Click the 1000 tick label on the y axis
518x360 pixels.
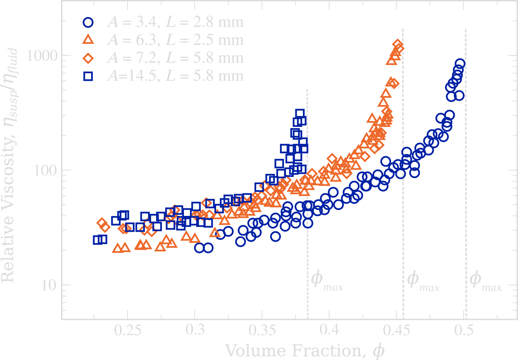42,56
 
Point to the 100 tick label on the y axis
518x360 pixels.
46,170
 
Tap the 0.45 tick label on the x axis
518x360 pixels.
397,331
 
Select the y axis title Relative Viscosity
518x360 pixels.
9,166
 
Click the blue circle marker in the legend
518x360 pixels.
88,22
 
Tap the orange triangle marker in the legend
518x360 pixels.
88,40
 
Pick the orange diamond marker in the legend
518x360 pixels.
88,58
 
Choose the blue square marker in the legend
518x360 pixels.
88,76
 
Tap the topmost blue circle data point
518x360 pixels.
460,64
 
